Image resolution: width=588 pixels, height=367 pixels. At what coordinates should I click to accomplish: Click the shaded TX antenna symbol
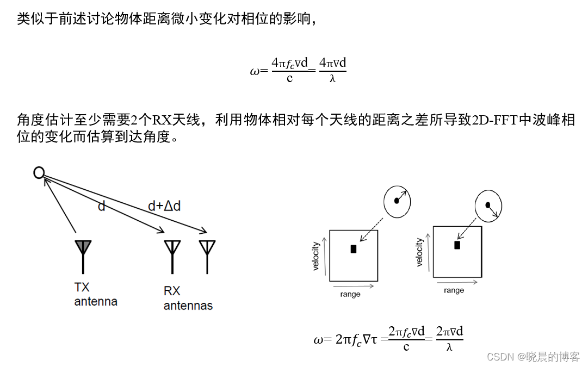[83, 248]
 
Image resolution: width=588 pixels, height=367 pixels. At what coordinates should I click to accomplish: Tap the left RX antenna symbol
[172, 248]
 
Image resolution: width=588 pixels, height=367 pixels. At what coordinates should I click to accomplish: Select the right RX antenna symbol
[207, 248]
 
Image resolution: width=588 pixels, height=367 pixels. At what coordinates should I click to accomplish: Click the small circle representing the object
[39, 173]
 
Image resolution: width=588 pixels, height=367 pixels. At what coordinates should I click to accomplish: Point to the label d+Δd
[164, 206]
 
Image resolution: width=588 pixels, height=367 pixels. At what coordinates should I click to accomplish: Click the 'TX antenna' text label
[96, 294]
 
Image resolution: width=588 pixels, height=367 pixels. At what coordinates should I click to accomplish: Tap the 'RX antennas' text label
[188, 298]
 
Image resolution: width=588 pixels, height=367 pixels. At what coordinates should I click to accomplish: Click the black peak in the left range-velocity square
[354, 249]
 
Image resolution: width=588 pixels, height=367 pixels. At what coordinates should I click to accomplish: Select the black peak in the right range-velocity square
[457, 245]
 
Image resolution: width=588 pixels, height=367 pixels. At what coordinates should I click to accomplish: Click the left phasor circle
[398, 201]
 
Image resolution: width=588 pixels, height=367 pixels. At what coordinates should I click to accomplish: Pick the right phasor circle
[488, 206]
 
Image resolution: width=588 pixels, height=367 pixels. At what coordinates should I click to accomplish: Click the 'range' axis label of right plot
[454, 290]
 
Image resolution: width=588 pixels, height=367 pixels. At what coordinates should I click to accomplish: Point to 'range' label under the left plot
[350, 294]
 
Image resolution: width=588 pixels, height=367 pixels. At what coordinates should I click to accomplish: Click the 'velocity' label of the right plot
[419, 252]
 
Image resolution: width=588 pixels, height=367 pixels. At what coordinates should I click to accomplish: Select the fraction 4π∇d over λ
[332, 71]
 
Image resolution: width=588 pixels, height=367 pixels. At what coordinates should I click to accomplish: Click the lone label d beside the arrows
[101, 206]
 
